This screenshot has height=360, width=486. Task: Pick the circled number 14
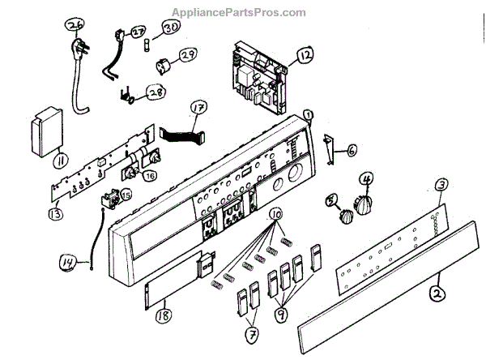pos(67,262)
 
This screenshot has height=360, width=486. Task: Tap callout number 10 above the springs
pos(277,215)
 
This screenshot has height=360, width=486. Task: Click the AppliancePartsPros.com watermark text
pos(239,12)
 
